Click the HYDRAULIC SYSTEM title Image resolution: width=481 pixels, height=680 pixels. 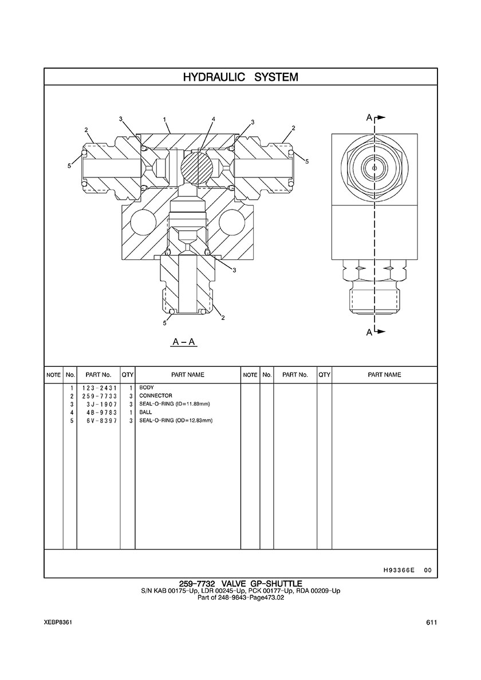tap(240, 77)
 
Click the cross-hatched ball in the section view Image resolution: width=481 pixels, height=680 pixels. tap(196, 167)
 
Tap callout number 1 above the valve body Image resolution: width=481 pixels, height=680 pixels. tap(165, 119)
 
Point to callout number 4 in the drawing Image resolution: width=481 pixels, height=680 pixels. tap(214, 119)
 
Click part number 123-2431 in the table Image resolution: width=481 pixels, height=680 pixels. tap(99, 388)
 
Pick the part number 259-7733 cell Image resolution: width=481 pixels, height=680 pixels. tap(99, 396)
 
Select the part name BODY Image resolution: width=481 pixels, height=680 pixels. tap(146, 388)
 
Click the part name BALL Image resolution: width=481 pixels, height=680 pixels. tap(145, 413)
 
